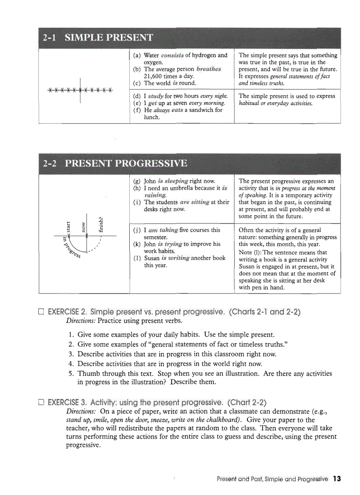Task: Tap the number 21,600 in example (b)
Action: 155,76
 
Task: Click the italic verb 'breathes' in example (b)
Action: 209,69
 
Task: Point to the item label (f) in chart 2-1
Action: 137,110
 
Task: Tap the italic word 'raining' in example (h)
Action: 155,195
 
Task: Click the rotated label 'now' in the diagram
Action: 83,227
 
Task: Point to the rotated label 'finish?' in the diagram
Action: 101,224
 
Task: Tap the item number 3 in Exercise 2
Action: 71,354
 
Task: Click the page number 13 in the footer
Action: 337,479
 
